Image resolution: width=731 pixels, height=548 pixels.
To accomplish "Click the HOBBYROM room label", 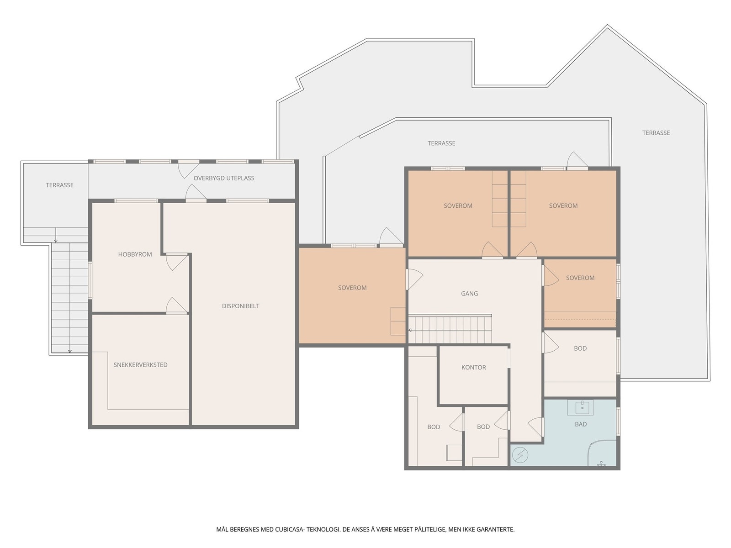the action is click(x=135, y=254).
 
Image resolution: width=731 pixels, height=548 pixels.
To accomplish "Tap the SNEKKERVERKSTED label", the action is click(x=140, y=365).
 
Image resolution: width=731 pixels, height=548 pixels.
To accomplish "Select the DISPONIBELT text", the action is click(x=240, y=306).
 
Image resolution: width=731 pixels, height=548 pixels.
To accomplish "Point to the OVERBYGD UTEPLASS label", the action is click(x=224, y=178).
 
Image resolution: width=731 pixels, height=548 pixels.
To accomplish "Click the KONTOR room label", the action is click(x=474, y=367).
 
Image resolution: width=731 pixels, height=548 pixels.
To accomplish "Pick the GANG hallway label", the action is click(x=469, y=294).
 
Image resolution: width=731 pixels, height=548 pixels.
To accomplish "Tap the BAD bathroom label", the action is click(x=581, y=424).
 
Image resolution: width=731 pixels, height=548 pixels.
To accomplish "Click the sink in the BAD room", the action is click(x=582, y=407).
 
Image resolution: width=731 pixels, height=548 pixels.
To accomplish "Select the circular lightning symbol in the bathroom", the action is click(x=520, y=455).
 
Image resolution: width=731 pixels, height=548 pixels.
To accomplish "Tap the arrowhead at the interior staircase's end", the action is click(x=410, y=330).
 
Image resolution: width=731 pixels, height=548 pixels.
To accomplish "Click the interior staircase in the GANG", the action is click(x=450, y=329).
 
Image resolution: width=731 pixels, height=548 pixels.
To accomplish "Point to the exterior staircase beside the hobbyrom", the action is click(x=69, y=297).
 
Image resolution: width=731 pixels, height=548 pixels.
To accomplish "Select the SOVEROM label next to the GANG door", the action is click(x=352, y=288).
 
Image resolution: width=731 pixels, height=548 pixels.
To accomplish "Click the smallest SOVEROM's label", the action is click(x=580, y=278).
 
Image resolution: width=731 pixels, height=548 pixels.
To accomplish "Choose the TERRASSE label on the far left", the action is click(x=59, y=185).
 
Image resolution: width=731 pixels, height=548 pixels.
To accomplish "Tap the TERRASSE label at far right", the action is click(x=656, y=133).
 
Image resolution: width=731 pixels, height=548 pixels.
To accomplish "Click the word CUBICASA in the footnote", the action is click(x=289, y=529).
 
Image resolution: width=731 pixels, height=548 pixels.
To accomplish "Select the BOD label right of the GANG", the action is click(x=580, y=348).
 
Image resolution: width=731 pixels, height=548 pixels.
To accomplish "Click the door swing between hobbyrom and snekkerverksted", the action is click(x=176, y=305).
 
